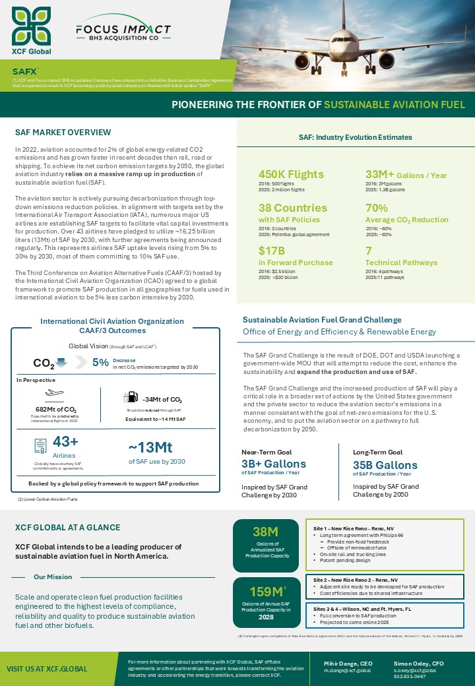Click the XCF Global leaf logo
(31, 26)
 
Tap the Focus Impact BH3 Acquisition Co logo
(123, 32)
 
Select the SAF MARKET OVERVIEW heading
(63, 133)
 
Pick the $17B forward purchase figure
(271, 251)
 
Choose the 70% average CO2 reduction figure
(377, 208)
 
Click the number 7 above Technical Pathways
(369, 251)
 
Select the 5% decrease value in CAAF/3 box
(100, 362)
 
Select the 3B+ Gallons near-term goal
(274, 464)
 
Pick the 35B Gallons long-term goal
(386, 464)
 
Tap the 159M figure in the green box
(265, 592)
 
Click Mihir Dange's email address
(347, 670)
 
